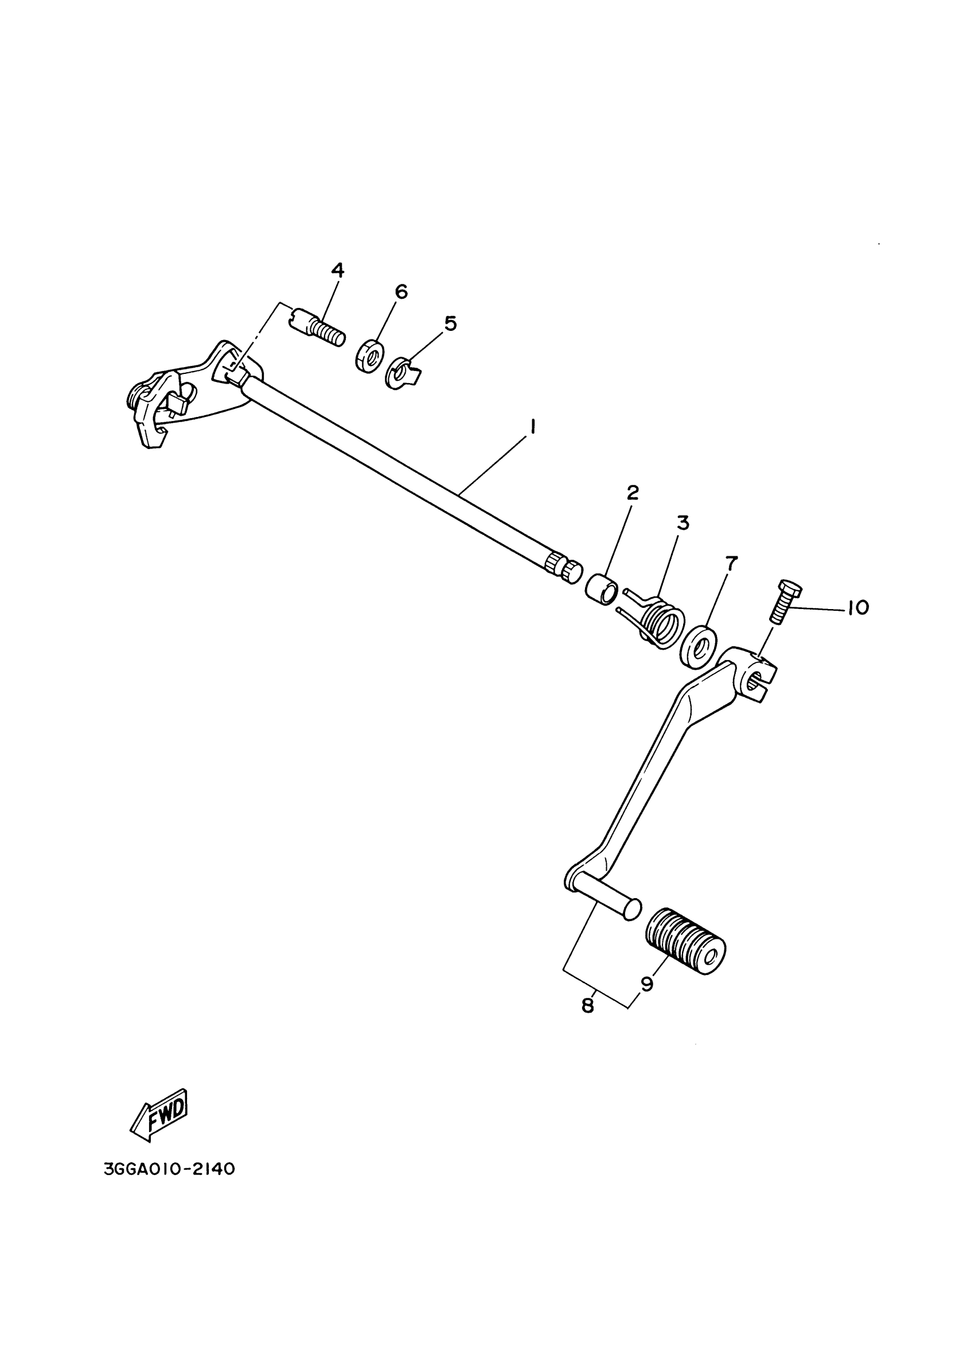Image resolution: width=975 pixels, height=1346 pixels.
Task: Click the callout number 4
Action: [x=337, y=271]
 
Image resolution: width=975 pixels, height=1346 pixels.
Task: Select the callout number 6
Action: [x=401, y=291]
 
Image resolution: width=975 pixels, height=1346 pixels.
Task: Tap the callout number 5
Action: [x=450, y=323]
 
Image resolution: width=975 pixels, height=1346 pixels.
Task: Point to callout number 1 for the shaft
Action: [x=532, y=426]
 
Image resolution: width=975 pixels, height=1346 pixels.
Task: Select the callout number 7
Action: [x=731, y=563]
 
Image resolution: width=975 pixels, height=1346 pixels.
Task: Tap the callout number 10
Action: [x=857, y=608]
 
